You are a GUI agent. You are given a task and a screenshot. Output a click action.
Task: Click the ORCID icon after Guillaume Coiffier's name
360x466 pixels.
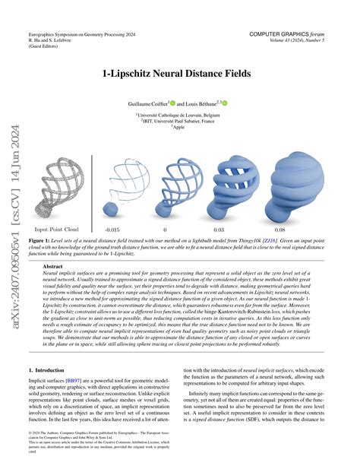174,101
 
